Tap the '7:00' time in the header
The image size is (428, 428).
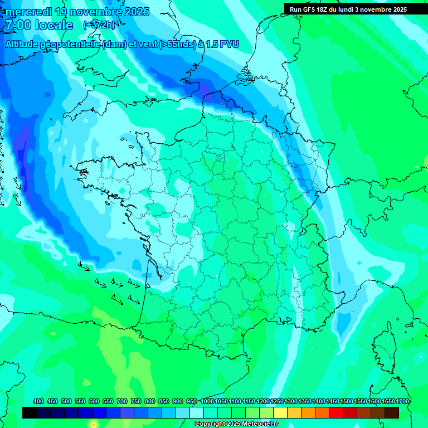pyautogui.click(x=17, y=25)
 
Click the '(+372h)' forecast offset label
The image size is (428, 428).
pyautogui.click(x=99, y=25)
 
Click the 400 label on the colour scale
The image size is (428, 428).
pyautogui.click(x=38, y=402)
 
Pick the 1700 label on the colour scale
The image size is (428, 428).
pyautogui.click(x=402, y=402)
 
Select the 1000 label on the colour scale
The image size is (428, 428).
pyautogui.click(x=207, y=402)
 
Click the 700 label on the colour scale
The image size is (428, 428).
pyautogui.click(x=122, y=402)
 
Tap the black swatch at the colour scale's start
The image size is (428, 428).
pyautogui.click(x=30, y=413)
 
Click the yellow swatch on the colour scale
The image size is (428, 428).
pyautogui.click(x=280, y=413)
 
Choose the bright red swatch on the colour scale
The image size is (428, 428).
pyautogui.click(x=336, y=413)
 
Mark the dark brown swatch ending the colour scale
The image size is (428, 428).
pyautogui.click(x=392, y=413)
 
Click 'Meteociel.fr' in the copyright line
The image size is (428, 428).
pyautogui.click(x=260, y=424)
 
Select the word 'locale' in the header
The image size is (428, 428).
pyautogui.click(x=53, y=25)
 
